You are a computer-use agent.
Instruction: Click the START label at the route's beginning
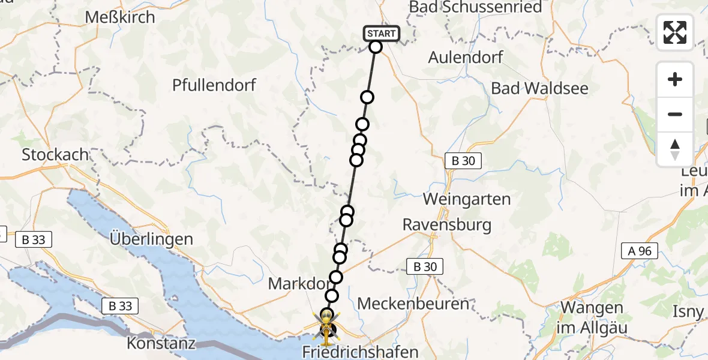(381, 34)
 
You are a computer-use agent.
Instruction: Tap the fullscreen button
(675, 32)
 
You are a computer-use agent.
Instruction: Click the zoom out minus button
(675, 114)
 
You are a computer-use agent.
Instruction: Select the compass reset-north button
(675, 149)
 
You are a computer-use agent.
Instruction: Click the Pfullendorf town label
(214, 85)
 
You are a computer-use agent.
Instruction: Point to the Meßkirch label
(120, 17)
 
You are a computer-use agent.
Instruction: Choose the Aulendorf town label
(466, 58)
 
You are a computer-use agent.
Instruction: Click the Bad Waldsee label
(539, 88)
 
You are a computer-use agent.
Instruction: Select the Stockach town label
(55, 154)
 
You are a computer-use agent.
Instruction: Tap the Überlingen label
(151, 239)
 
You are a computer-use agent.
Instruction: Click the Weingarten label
(467, 199)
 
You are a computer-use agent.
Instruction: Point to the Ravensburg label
(446, 225)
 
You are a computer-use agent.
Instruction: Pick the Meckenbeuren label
(413, 304)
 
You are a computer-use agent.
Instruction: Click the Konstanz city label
(161, 344)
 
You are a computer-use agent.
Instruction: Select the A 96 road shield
(640, 251)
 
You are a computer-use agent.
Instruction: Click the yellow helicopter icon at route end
(326, 328)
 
